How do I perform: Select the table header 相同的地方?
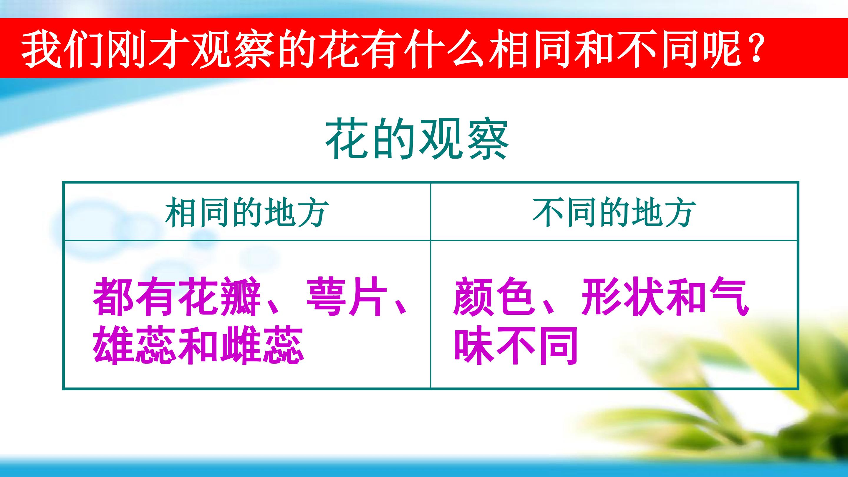tap(247, 212)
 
